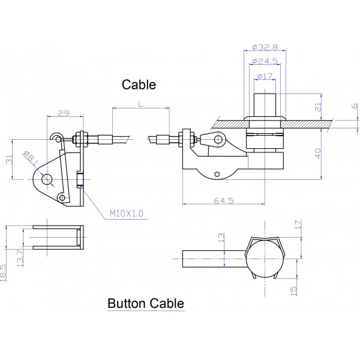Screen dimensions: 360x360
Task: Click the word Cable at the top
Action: (139, 85)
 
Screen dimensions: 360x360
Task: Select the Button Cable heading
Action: (145, 304)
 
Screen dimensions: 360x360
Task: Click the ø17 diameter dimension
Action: (265, 76)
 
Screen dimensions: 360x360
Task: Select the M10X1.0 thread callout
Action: (127, 212)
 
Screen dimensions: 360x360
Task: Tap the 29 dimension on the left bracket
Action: (62, 112)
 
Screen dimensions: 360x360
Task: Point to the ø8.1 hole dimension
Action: (30, 158)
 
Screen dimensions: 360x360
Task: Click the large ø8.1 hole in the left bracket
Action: (47, 179)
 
